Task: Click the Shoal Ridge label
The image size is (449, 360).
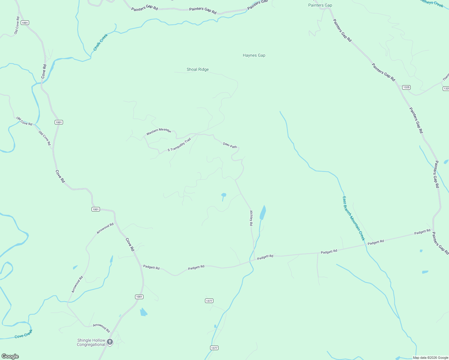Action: click(x=197, y=70)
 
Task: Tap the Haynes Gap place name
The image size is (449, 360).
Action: click(x=254, y=55)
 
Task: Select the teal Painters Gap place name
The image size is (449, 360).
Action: click(x=320, y=5)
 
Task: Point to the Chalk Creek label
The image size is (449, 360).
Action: click(x=100, y=42)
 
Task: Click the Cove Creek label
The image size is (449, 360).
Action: click(x=23, y=334)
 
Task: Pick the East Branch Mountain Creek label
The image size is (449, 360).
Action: click(x=354, y=218)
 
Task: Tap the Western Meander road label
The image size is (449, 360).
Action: click(x=158, y=131)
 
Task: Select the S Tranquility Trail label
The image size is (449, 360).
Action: click(x=179, y=145)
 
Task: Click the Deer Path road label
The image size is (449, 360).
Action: click(x=230, y=145)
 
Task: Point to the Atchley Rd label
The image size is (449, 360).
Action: click(x=252, y=218)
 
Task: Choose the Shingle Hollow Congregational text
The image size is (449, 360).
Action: click(x=91, y=342)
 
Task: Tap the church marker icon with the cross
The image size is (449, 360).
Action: click(x=110, y=342)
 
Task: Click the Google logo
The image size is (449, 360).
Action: click(x=10, y=356)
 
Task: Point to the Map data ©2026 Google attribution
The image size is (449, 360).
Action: click(x=430, y=358)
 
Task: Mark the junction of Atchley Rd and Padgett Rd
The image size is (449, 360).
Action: click(x=255, y=260)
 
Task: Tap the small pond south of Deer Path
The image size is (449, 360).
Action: click(x=224, y=195)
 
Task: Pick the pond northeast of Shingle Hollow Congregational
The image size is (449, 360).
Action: click(x=143, y=312)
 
